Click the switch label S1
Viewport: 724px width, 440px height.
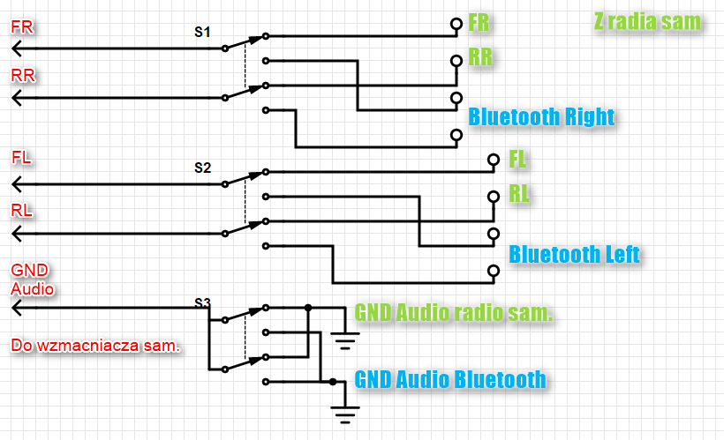[202, 32]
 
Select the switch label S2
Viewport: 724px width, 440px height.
[202, 167]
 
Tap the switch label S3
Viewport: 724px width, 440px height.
[202, 304]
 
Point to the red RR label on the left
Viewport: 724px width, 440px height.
[23, 76]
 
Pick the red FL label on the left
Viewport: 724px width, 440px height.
[22, 159]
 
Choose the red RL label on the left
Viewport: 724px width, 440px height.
[22, 210]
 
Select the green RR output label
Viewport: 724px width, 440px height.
[481, 58]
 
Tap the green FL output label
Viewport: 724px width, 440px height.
[518, 160]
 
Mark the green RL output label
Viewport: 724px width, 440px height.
[519, 194]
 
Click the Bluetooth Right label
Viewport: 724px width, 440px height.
[541, 116]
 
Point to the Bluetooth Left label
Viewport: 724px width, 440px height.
[574, 255]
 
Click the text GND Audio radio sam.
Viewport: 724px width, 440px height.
[454, 313]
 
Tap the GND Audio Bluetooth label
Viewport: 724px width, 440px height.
[449, 380]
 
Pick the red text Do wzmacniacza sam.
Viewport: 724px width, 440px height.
[95, 345]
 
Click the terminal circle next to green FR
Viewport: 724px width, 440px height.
[456, 24]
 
